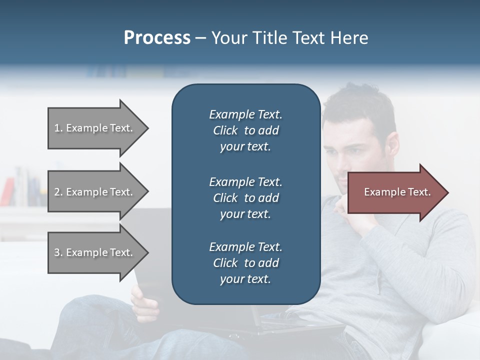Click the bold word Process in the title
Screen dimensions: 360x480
tap(157, 38)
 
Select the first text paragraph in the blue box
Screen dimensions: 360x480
tap(245, 130)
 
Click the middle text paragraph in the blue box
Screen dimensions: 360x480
tap(245, 198)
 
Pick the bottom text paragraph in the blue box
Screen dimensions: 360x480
tap(245, 263)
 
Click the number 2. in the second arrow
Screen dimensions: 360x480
tap(58, 192)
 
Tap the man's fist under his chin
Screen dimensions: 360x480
tap(350, 212)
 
